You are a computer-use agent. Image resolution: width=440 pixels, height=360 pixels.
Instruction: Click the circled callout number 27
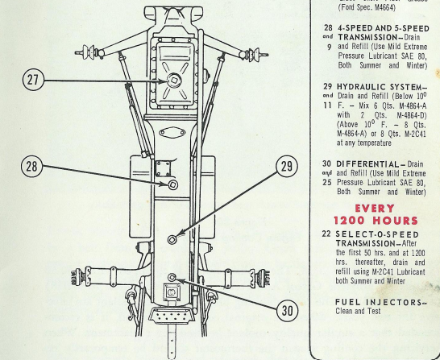pos(33,80)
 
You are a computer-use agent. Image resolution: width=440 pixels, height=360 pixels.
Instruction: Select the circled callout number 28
pos(31,166)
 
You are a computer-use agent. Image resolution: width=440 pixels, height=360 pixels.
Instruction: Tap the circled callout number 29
pos(287,167)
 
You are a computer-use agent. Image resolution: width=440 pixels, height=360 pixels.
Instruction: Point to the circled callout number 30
pos(287,311)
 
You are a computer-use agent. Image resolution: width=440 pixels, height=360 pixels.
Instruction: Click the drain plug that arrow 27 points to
pos(174,81)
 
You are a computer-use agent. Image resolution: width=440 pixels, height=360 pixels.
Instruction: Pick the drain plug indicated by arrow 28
pos(172,184)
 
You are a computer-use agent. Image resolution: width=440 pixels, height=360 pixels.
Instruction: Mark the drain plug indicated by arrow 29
pos(172,239)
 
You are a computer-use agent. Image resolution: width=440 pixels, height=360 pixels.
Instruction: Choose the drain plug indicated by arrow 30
pos(172,278)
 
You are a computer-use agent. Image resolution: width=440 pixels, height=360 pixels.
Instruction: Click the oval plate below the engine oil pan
pos(172,133)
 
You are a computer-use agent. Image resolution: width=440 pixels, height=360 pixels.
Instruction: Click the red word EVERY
pos(375,209)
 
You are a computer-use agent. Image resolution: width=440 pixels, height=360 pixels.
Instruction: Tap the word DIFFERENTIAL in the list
pos(367,164)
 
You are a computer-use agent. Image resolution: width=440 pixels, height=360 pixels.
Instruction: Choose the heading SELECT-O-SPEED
pos(377,234)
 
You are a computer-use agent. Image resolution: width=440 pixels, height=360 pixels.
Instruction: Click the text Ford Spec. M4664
pos(367,7)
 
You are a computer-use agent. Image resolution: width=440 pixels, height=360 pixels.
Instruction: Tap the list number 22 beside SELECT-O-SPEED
pos(326,234)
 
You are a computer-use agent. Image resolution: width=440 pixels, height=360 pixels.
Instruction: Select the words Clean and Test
pos(358,311)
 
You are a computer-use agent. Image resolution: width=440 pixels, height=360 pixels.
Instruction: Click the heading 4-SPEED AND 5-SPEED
pos(384,29)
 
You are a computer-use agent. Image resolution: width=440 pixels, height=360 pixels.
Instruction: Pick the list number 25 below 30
pos(327,182)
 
